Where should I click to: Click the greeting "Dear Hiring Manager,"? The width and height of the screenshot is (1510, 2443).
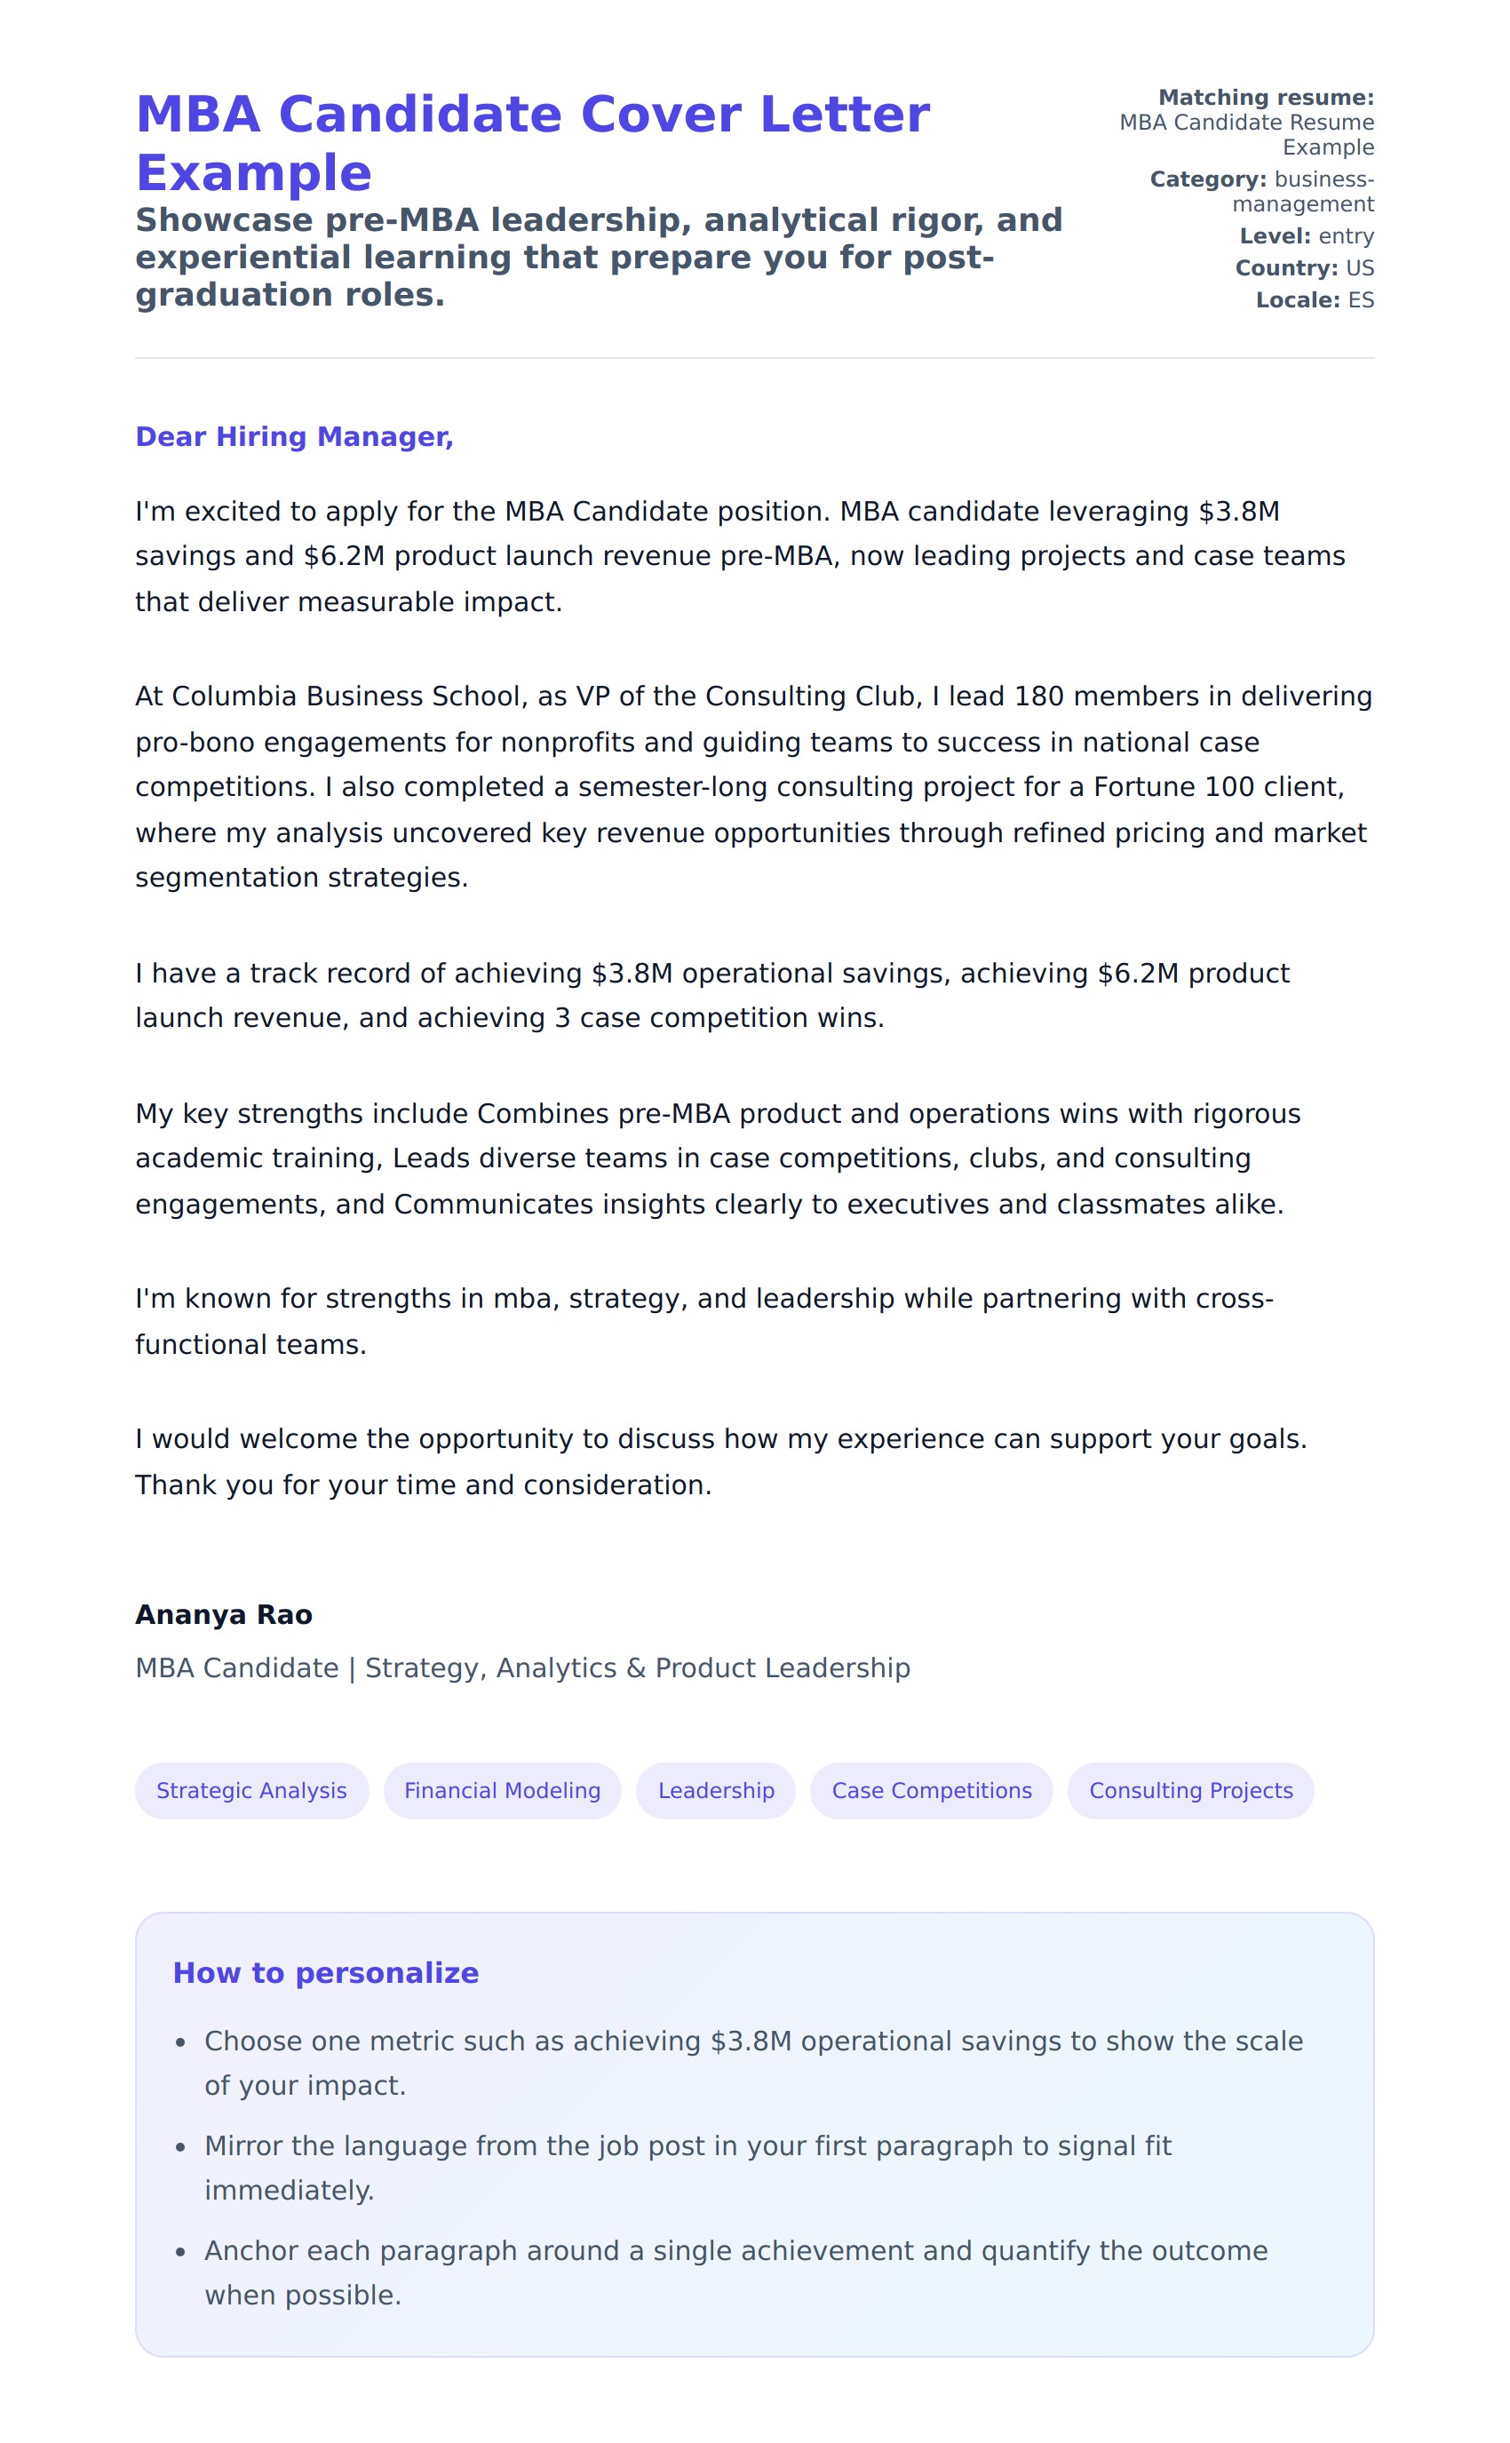click(x=294, y=437)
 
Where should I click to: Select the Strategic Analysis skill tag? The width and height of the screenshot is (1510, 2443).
click(x=251, y=1791)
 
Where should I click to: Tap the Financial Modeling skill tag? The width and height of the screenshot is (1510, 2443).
click(x=503, y=1791)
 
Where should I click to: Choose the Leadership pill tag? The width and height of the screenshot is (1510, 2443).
click(x=716, y=1791)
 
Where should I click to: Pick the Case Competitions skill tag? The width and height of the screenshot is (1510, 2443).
click(x=932, y=1791)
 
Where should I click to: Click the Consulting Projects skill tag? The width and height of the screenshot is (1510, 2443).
click(x=1190, y=1791)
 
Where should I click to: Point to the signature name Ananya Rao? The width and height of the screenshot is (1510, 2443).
click(x=224, y=1615)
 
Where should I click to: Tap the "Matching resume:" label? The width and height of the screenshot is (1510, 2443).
click(x=1266, y=98)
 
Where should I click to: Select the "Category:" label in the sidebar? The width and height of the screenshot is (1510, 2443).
click(x=1207, y=179)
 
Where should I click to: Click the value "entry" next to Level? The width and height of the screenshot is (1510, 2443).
click(x=1347, y=236)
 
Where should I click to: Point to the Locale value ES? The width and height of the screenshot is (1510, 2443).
click(x=1360, y=300)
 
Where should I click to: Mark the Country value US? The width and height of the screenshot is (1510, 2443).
click(x=1359, y=268)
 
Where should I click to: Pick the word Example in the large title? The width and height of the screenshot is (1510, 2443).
click(x=254, y=174)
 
